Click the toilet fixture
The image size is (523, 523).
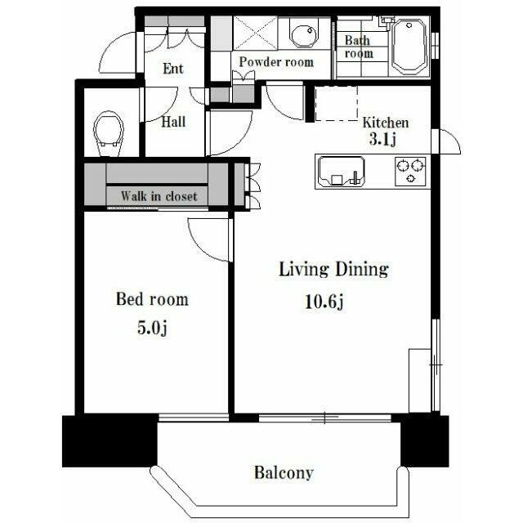coord(109,133)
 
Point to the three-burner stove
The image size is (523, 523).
coord(410,171)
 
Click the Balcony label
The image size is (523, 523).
coord(284,472)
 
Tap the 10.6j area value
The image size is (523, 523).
coord(324,302)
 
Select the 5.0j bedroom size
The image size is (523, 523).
coord(152,328)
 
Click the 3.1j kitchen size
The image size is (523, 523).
coord(382,139)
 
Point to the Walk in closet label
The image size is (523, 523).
coord(159,196)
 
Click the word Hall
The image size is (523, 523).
coord(173,122)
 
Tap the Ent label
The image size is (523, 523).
coord(173,69)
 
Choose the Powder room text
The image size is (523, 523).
coord(276,62)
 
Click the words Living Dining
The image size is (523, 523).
coord(333,270)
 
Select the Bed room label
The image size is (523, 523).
coord(152,299)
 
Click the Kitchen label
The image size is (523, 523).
coord(386,123)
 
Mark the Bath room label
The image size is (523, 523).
coord(359,47)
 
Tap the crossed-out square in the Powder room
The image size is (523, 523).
coord(255,34)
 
